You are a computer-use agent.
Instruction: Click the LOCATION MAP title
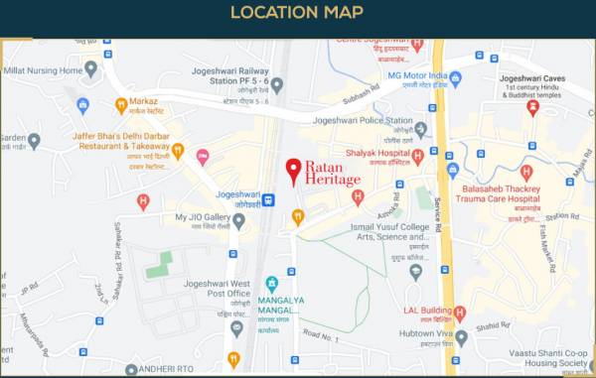(297, 13)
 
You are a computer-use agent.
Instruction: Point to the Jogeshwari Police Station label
(362, 121)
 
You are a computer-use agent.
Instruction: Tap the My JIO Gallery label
(203, 217)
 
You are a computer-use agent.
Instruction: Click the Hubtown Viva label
(420, 334)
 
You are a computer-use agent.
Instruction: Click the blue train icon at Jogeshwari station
(269, 199)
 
